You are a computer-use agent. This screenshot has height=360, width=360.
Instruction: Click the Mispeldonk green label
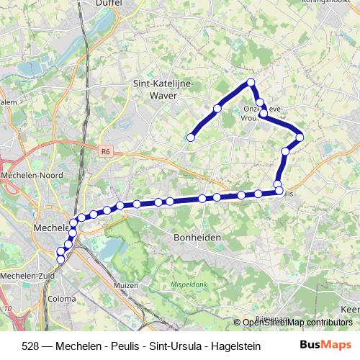tap(189, 285)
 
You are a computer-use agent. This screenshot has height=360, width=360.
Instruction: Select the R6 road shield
tap(106, 151)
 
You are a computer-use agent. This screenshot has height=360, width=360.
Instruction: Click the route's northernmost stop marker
tap(251, 82)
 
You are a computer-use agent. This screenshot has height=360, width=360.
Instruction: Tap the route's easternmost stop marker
tap(300, 137)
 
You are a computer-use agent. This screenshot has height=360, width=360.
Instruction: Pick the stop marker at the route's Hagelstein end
tap(192, 137)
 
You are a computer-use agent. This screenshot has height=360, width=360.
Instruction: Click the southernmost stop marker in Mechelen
tap(60, 259)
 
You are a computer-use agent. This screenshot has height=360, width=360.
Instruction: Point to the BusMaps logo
tap(325, 344)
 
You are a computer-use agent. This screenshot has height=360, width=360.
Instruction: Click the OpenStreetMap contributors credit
tap(299, 323)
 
